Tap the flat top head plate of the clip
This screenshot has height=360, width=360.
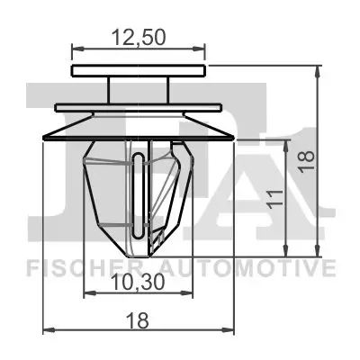coord(138,70)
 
